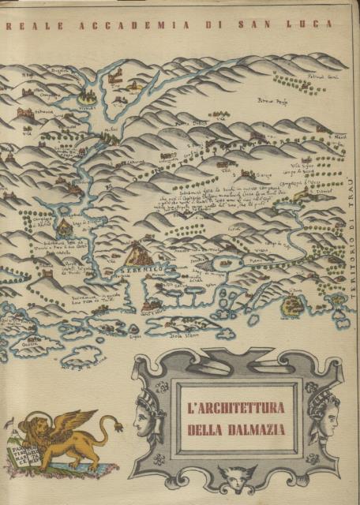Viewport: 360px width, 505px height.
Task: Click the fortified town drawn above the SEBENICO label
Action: coord(139,253)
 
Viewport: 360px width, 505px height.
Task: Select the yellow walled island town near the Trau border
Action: coord(294,305)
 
